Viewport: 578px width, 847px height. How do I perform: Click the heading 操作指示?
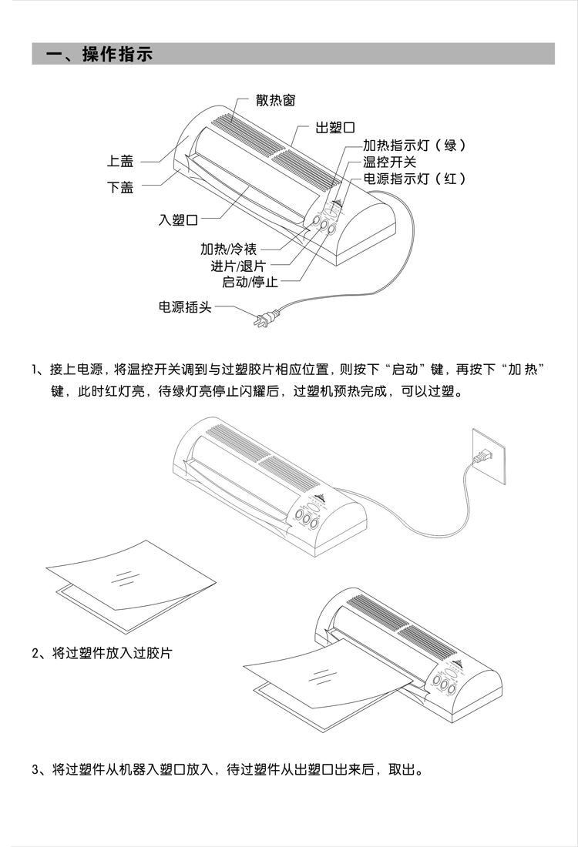(x=117, y=54)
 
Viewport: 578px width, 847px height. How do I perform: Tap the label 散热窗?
(x=276, y=100)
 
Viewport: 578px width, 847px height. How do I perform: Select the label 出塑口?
(x=335, y=128)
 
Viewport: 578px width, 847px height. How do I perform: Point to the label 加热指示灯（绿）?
(x=414, y=145)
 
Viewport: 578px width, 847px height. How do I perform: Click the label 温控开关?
(x=389, y=162)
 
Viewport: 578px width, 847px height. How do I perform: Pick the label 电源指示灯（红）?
(x=414, y=179)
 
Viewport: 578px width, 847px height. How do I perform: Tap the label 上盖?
(x=120, y=161)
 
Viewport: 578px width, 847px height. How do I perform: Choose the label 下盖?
(x=120, y=187)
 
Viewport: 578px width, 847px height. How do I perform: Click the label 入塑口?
(x=179, y=220)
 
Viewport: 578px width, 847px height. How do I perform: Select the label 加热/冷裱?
(x=228, y=249)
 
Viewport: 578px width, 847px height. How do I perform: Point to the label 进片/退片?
(x=238, y=266)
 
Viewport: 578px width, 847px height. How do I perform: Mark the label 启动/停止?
(x=250, y=281)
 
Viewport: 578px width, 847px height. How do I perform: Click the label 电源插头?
(x=185, y=306)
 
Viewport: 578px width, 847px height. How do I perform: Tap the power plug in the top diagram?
(x=265, y=319)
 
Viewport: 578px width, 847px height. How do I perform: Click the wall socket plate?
(x=489, y=457)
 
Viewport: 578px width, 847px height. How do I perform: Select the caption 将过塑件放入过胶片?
(x=112, y=653)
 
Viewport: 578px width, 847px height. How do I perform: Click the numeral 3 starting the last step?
(x=35, y=769)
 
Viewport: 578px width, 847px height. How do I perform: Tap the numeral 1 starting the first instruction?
(x=35, y=370)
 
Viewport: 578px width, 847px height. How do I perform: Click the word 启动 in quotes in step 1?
(x=405, y=370)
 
